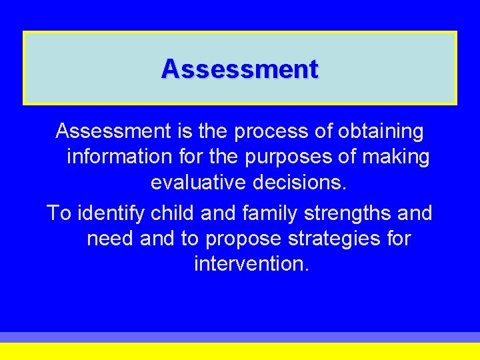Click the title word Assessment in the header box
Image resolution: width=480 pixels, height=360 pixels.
point(239,69)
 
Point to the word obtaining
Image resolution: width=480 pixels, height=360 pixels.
point(381,132)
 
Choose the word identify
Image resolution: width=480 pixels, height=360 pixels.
point(112,213)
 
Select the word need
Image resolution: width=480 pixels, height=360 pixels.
point(111,239)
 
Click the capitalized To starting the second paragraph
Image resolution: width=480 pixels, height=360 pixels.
point(59,213)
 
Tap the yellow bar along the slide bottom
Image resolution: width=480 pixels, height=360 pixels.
point(240,351)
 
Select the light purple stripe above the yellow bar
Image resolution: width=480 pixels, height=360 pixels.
point(240,337)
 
